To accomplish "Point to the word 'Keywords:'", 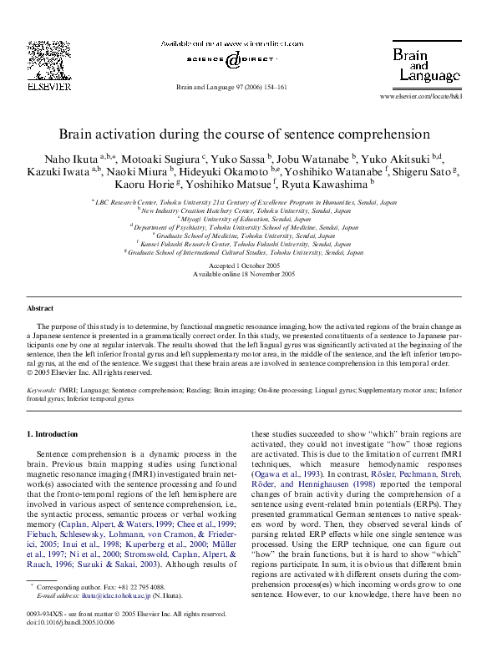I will (41, 390).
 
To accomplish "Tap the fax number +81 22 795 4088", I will (141, 588).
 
